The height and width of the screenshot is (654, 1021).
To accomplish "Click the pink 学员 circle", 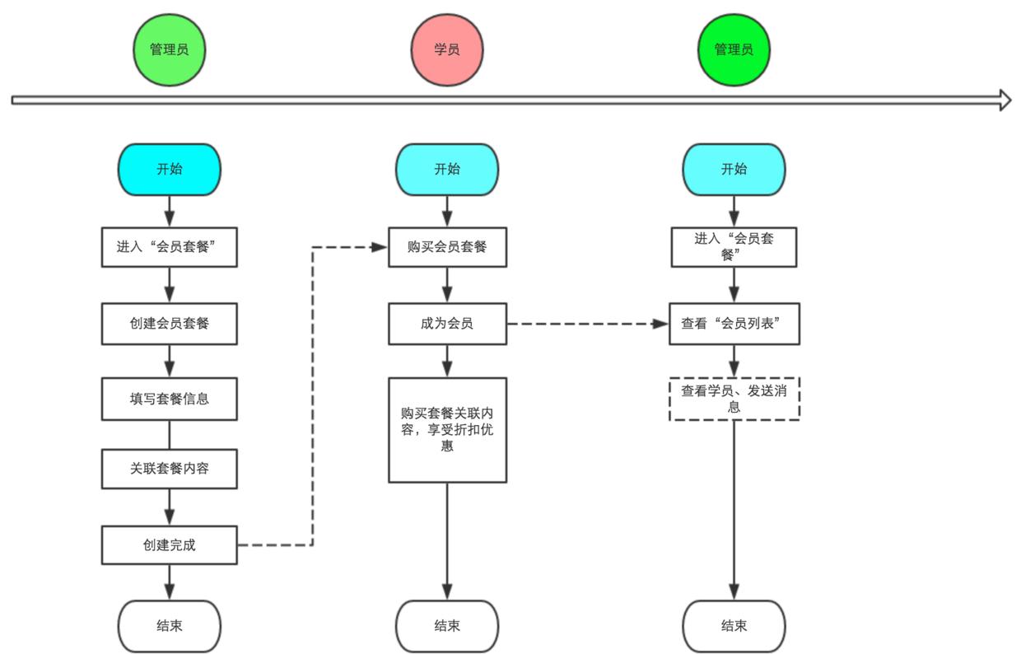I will tap(447, 49).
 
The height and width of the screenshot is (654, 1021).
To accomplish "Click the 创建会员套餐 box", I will tap(170, 324).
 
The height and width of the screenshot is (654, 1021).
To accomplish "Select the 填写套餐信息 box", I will tap(170, 399).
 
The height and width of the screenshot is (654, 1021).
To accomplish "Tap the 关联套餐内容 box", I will tap(170, 469).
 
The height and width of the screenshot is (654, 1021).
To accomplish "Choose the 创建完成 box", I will tap(170, 544).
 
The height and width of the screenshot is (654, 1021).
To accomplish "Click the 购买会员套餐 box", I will tap(447, 247).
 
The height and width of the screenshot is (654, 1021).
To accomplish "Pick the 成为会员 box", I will tap(447, 324).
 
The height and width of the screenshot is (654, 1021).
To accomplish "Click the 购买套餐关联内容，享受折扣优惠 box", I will tap(447, 430).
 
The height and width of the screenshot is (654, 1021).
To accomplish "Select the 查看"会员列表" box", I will tap(734, 324).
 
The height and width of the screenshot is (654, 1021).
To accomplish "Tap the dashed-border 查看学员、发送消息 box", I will tap(734, 399).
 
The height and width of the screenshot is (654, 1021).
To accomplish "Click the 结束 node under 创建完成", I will tap(170, 626).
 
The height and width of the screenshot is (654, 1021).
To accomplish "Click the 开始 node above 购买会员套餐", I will tap(447, 170).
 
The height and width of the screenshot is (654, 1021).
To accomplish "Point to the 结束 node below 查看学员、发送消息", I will tap(734, 626).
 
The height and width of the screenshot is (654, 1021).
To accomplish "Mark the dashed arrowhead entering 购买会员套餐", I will tap(380, 247).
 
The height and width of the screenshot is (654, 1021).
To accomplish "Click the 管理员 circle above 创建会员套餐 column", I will tap(170, 49).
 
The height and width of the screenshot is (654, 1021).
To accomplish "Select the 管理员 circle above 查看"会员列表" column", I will tap(734, 49).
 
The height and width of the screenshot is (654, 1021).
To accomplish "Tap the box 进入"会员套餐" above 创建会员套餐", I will tap(170, 247).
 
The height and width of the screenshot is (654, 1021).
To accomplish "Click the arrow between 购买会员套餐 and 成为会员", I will tap(447, 286).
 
